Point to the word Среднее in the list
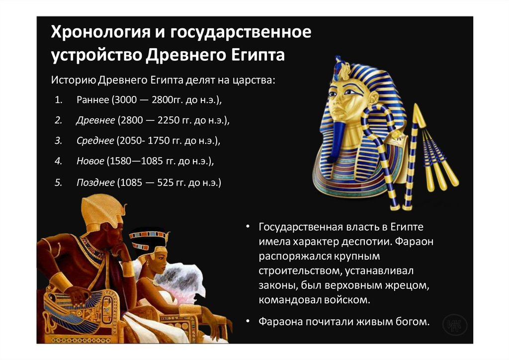pos(95,141)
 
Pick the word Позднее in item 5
pos(95,182)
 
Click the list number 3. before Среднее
pos(58,141)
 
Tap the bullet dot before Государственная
pos(248,227)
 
